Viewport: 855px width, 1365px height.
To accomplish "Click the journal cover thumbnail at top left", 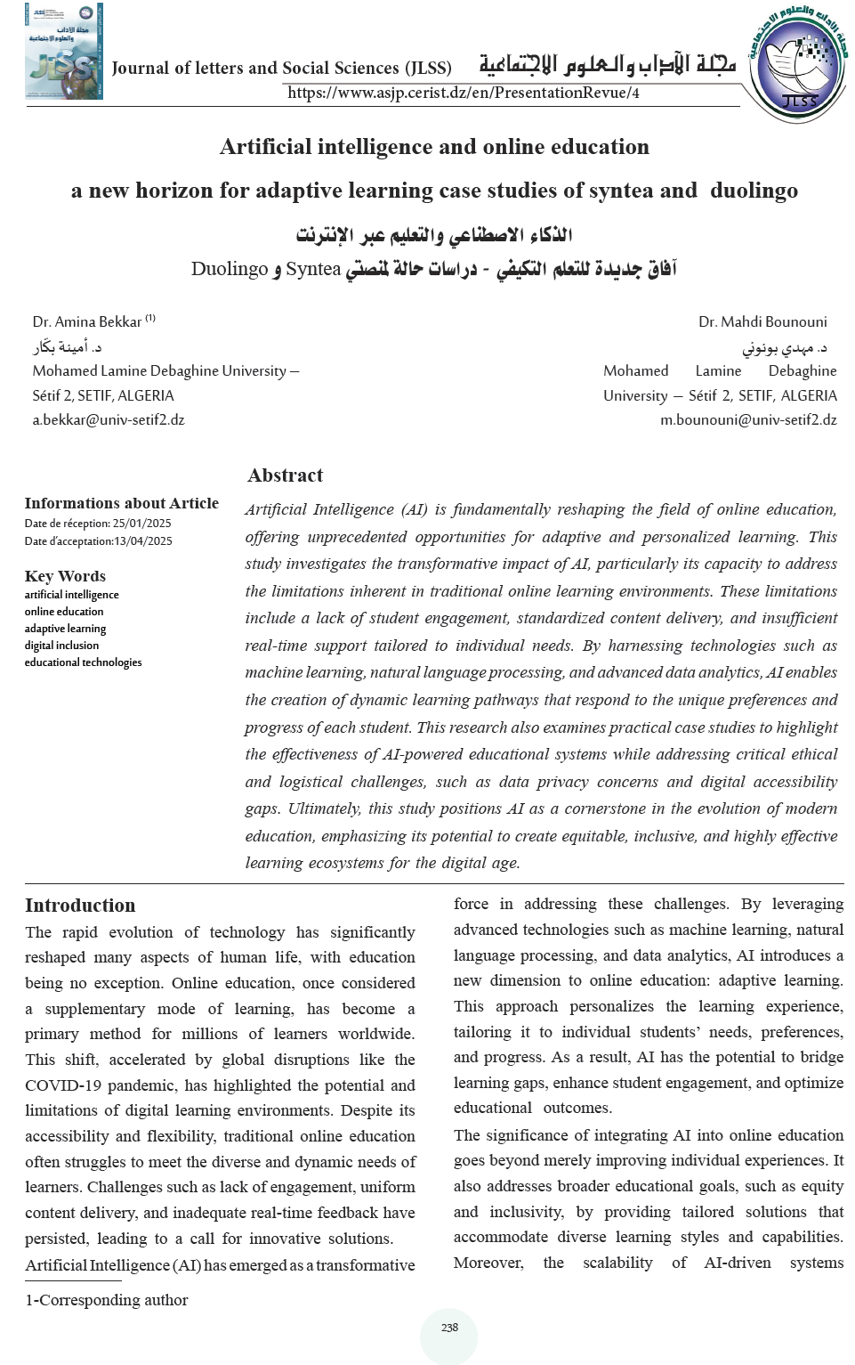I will (x=63, y=51).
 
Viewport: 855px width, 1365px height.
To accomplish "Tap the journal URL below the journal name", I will (x=463, y=93).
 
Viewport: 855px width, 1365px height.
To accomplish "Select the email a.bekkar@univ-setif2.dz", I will (x=109, y=419).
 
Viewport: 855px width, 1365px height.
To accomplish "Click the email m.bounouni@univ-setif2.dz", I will (x=747, y=419).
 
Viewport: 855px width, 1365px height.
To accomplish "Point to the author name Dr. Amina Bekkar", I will (x=87, y=321).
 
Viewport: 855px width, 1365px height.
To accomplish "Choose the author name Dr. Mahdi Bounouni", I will (x=762, y=321).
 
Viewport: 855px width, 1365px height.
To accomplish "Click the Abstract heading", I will (x=285, y=475).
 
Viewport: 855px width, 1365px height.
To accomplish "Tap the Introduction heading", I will (x=80, y=905).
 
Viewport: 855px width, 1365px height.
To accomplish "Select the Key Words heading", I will (x=65, y=576).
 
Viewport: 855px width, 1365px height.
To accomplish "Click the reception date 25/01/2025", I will (x=141, y=524).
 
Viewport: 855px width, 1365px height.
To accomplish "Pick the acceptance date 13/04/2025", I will (x=142, y=541).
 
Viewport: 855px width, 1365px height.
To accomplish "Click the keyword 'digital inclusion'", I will (x=61, y=646).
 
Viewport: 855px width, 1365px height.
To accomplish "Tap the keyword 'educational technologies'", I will (x=83, y=662).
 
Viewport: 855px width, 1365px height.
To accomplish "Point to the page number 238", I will (x=449, y=1328).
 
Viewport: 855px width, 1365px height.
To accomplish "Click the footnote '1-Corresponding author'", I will (x=107, y=1300).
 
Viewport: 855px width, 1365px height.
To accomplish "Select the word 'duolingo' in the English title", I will (x=754, y=191).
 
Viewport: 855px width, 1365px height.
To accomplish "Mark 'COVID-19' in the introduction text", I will (x=59, y=1085).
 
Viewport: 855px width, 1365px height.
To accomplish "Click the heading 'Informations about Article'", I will (x=121, y=503).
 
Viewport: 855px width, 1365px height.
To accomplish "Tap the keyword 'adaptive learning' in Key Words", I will (x=65, y=629).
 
